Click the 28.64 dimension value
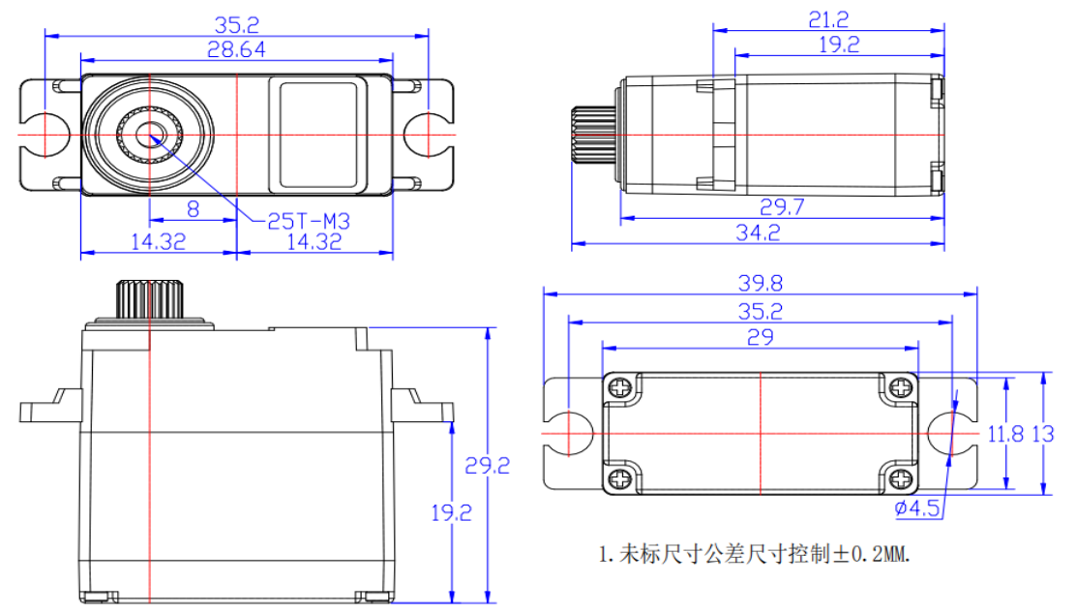[x=236, y=48]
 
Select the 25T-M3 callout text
[x=308, y=221]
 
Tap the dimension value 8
[x=193, y=208]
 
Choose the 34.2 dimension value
[x=758, y=232]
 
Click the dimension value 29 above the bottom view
[x=760, y=335]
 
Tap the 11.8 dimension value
[x=1005, y=434]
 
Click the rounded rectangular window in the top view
[x=319, y=134]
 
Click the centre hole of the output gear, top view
[x=150, y=134]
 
